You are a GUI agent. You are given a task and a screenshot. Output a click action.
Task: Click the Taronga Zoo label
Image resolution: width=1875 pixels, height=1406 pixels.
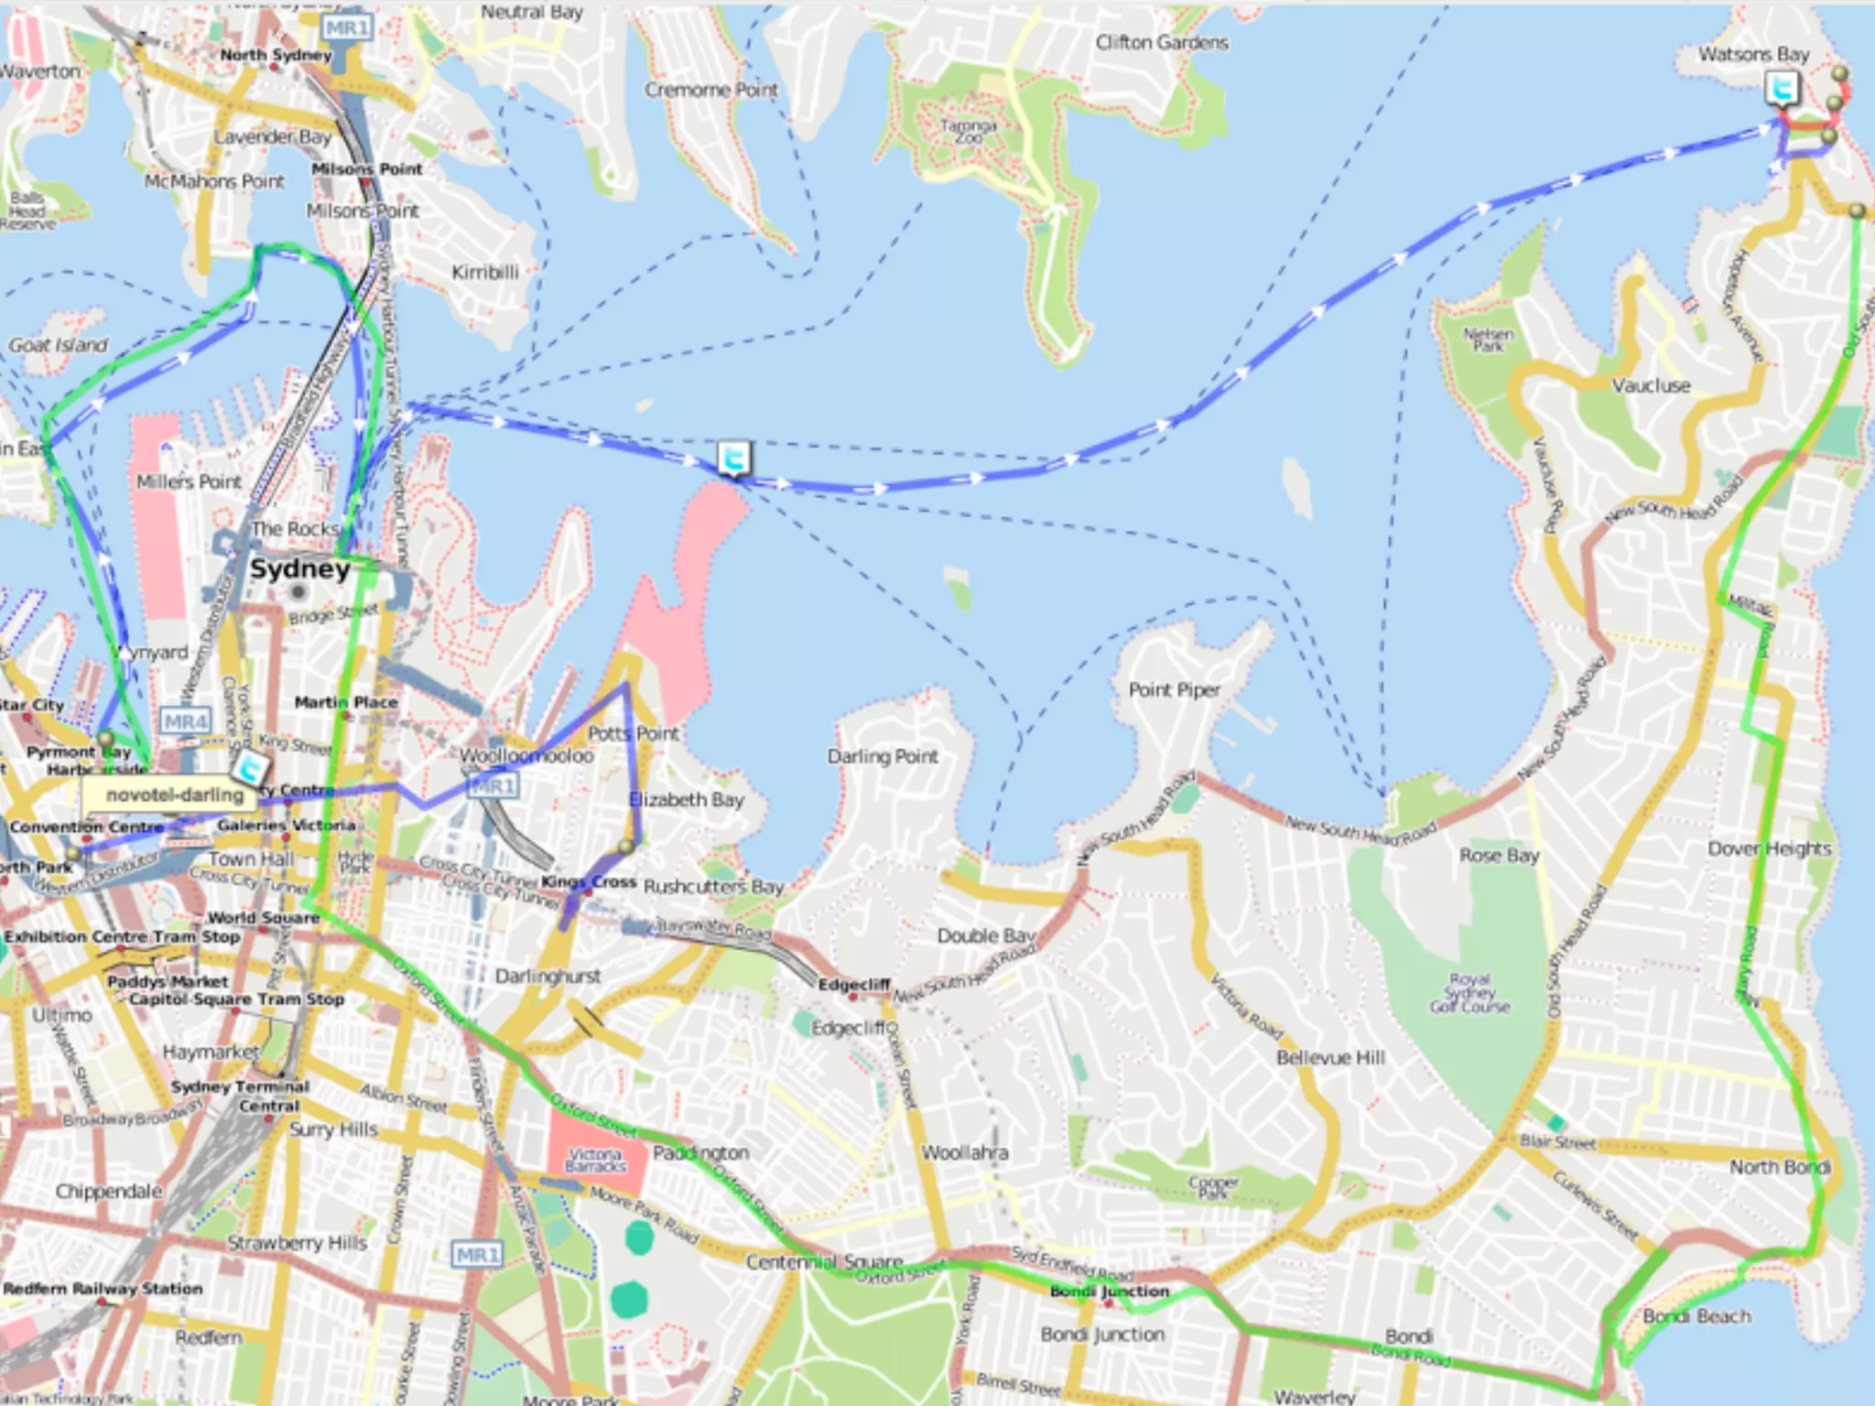968,131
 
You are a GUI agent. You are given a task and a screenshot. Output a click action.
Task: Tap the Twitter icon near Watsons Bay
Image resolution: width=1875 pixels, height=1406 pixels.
1782,90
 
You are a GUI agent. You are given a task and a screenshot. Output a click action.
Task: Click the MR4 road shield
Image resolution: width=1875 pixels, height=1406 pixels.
186,722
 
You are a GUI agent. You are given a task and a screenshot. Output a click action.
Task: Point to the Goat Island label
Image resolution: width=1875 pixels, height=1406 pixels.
58,345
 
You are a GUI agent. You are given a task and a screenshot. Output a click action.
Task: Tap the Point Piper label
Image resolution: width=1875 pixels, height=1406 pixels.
1174,689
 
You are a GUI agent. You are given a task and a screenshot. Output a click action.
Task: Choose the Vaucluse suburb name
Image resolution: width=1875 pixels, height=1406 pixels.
1651,385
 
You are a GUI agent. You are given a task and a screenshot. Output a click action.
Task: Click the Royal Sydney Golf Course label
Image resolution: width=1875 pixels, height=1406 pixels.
1469,992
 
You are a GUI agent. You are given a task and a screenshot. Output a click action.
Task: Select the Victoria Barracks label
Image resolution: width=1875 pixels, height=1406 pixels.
595,1160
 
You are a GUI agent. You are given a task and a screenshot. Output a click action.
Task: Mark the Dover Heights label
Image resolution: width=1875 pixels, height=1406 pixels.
1769,849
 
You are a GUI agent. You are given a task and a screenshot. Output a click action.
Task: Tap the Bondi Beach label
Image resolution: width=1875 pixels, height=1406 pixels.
1696,1316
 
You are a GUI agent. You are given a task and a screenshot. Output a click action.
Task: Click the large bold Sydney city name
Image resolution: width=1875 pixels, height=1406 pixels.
300,568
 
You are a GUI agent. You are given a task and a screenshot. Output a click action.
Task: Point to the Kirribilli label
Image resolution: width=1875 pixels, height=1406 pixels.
485,272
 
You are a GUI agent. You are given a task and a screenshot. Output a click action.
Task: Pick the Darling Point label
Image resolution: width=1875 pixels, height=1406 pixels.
883,756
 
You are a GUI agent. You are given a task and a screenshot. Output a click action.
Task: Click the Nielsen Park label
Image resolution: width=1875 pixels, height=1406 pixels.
1488,340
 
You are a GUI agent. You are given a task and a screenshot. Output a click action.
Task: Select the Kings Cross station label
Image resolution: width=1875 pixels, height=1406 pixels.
589,881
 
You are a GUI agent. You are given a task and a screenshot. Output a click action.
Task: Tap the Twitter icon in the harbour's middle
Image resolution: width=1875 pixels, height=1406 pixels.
733,458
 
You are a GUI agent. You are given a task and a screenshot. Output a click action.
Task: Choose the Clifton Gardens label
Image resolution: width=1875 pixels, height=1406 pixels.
1162,42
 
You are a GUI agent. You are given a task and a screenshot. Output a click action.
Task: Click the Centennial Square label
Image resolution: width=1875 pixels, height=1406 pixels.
824,1262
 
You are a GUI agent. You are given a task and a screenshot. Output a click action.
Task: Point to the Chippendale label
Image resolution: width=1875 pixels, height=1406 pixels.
109,1191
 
